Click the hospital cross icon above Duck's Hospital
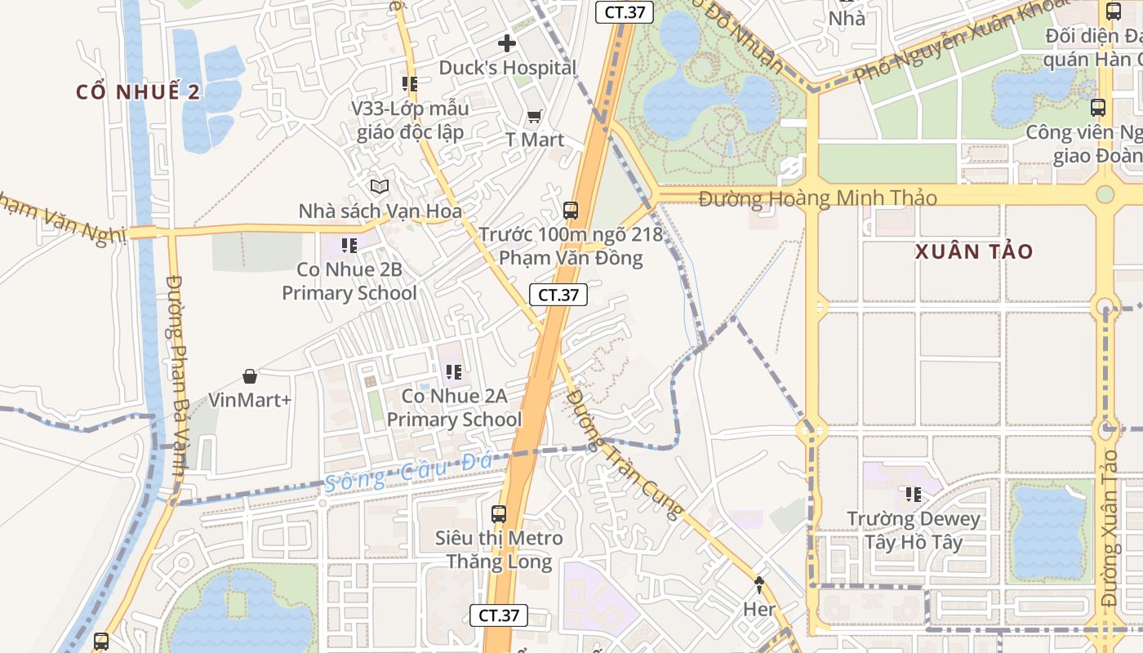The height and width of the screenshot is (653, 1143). (x=507, y=43)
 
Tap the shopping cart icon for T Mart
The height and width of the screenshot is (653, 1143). (x=534, y=117)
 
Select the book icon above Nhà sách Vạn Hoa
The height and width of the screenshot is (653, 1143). (x=379, y=187)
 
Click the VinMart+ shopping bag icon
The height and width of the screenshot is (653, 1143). (x=250, y=376)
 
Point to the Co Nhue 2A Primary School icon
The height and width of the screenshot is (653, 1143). (x=454, y=372)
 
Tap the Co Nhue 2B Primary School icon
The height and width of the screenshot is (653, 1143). (x=349, y=245)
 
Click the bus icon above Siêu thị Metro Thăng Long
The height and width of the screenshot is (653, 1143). (x=499, y=514)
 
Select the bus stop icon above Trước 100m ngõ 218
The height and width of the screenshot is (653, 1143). (x=571, y=211)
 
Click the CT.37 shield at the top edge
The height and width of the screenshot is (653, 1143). (x=624, y=12)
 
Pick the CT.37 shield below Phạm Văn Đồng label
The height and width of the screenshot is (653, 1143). (x=558, y=295)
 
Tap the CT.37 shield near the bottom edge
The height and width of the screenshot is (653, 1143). (x=499, y=615)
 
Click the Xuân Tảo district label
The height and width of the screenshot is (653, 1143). (x=974, y=251)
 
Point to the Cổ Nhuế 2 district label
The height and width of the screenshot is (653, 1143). (x=138, y=91)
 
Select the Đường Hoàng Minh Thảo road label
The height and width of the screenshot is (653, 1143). (x=818, y=198)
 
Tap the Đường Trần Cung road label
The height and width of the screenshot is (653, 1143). (x=625, y=454)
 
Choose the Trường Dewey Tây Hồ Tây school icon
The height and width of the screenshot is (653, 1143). (x=913, y=495)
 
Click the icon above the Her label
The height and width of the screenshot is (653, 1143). (x=759, y=584)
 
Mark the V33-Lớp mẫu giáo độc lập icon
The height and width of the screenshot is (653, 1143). (x=410, y=83)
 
